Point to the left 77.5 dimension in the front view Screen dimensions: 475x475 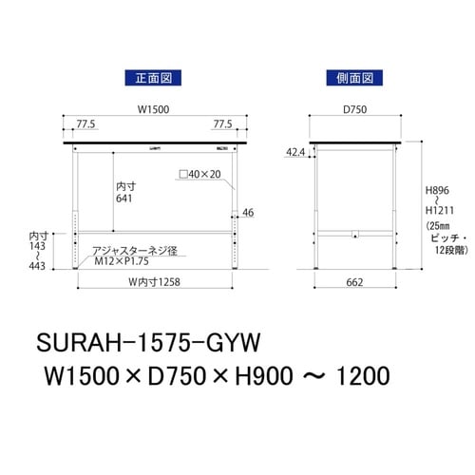pos(86,124)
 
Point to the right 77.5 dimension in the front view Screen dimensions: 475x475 pos(223,124)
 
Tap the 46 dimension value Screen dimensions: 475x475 pos(248,213)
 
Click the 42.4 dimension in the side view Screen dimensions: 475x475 pos(295,151)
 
